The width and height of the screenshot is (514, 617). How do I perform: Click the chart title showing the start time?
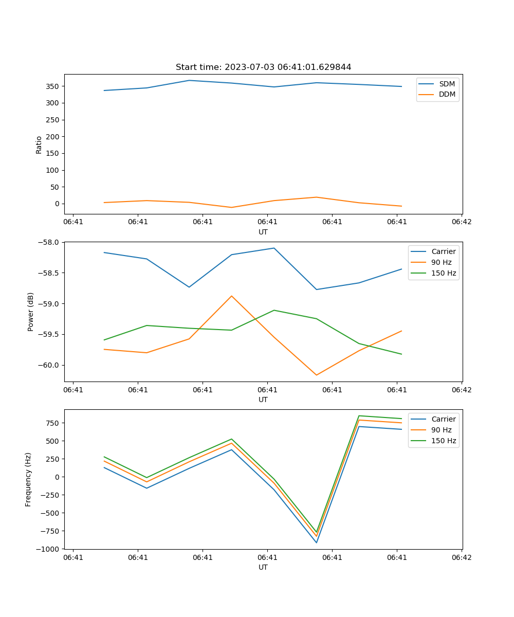(263, 67)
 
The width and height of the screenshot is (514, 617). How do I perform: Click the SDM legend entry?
(447, 84)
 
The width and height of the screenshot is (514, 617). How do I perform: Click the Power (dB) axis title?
(31, 312)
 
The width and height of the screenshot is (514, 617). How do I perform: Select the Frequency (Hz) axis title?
(29, 479)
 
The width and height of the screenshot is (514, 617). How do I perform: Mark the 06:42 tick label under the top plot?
(461, 222)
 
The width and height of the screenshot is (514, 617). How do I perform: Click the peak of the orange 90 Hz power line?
(231, 296)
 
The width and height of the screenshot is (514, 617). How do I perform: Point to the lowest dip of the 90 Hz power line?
(316, 375)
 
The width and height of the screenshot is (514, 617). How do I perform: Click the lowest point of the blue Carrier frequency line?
(316, 542)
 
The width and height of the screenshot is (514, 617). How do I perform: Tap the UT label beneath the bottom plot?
(263, 567)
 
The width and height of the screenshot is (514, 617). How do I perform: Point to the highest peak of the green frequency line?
(359, 415)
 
